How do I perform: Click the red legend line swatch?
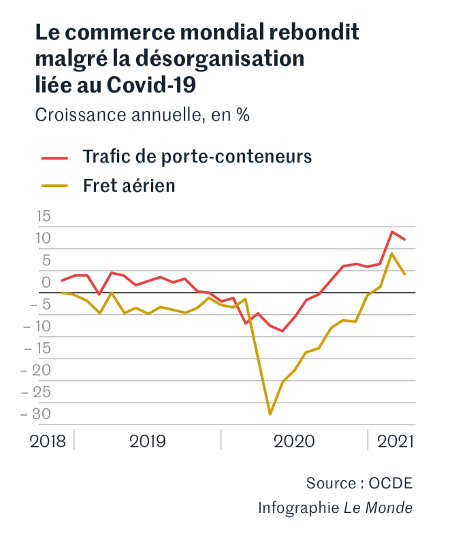[x=54, y=157]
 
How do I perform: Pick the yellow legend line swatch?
[x=54, y=186]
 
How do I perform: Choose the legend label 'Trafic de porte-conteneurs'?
[x=197, y=156]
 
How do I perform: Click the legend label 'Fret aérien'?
[x=129, y=185]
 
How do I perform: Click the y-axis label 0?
[x=46, y=282]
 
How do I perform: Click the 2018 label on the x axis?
[x=48, y=441]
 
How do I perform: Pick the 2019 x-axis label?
[x=148, y=441]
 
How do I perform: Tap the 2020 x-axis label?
[x=294, y=441]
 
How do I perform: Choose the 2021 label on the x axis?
[x=395, y=441]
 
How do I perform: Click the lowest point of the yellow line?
[x=270, y=414]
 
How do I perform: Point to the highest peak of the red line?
[x=392, y=232]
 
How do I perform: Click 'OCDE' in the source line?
[x=391, y=483]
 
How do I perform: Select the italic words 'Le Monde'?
[x=378, y=507]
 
